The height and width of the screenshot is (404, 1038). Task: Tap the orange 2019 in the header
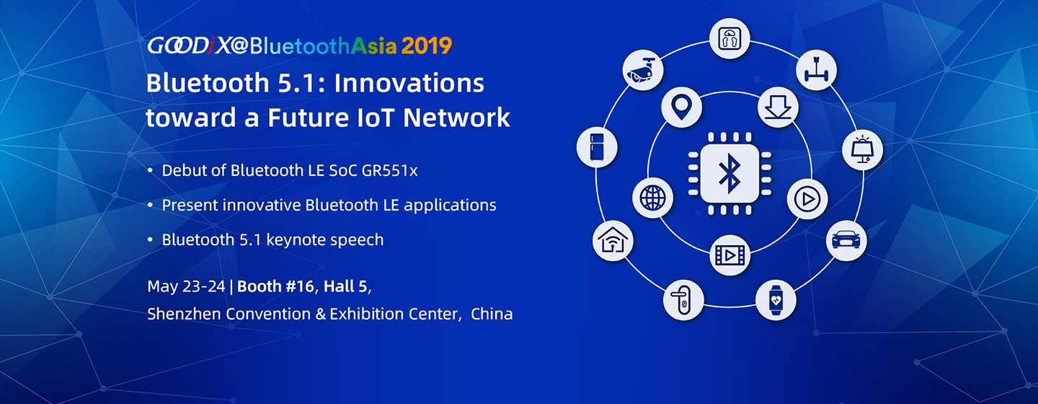[x=426, y=45]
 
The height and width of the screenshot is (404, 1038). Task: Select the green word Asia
[x=374, y=45]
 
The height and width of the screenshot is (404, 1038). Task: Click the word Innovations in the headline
[x=409, y=83]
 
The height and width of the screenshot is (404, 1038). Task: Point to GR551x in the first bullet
[x=389, y=170]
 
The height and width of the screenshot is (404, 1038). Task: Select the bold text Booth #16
[x=275, y=286]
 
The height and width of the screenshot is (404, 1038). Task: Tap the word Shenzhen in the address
[x=183, y=314]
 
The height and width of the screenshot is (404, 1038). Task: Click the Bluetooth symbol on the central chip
[x=729, y=173]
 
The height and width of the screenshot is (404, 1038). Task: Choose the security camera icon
[x=643, y=70]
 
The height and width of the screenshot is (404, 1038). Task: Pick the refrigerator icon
[x=597, y=147]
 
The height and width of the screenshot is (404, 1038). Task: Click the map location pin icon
[x=682, y=107]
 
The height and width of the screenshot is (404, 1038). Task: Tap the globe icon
[x=652, y=198]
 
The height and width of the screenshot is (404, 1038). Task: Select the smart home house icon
[x=613, y=241]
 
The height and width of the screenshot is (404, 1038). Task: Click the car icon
[x=846, y=240]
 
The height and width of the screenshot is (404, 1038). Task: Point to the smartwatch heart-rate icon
[x=776, y=300]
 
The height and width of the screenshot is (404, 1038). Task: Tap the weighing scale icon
[x=729, y=38]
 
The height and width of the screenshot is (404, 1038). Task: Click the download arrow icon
[x=778, y=107]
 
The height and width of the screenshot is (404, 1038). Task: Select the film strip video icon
[x=729, y=255]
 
